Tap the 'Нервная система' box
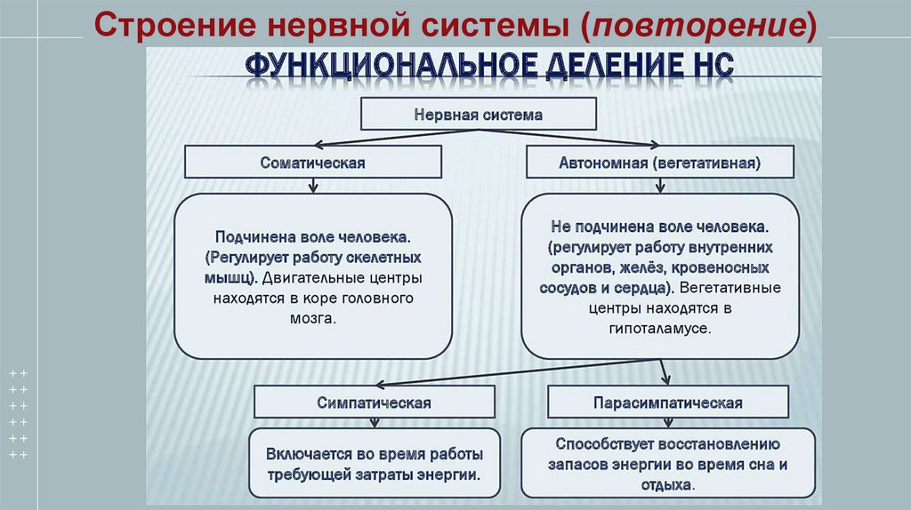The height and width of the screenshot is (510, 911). click(x=478, y=115)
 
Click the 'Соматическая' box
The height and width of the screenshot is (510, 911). click(x=313, y=163)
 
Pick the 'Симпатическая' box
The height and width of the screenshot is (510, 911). click(x=374, y=402)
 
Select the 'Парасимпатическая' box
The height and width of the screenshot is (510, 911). click(x=668, y=402)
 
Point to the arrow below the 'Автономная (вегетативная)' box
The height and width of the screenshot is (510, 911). click(x=659, y=187)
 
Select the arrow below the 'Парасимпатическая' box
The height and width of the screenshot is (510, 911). click(x=667, y=423)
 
